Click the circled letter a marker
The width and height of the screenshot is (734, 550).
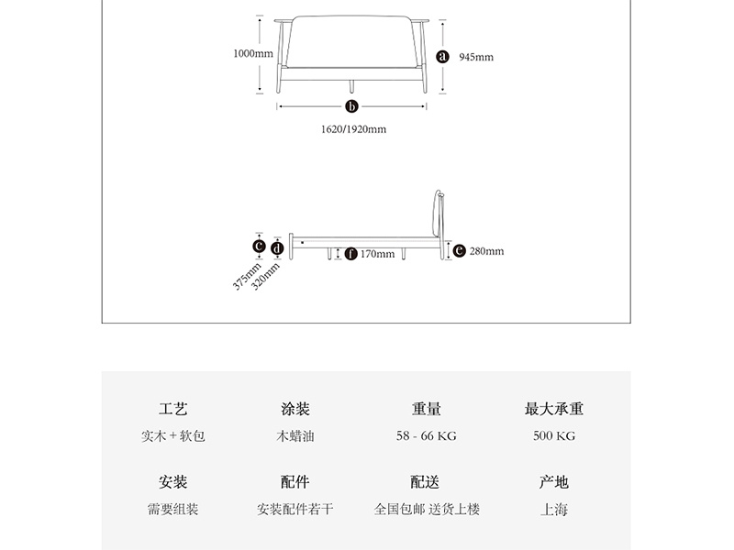point(442,57)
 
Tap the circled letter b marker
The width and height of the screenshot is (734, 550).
point(351,106)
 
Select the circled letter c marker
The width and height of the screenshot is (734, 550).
point(259,246)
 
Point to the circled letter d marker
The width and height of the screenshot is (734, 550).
point(277,248)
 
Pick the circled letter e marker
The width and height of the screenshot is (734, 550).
point(460,250)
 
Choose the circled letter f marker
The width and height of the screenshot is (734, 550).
point(350,254)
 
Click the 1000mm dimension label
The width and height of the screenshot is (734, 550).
point(253,53)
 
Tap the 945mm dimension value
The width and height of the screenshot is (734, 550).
point(476,57)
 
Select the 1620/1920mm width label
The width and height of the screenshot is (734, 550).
point(353,129)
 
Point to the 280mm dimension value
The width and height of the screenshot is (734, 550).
point(487,251)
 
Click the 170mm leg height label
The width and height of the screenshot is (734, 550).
point(377,254)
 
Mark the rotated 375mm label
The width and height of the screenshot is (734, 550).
point(247,276)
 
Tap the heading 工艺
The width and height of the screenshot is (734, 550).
point(173,409)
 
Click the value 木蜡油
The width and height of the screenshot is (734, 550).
point(295,436)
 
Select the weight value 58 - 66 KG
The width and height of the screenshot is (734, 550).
point(426,436)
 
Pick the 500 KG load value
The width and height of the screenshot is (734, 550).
point(554,436)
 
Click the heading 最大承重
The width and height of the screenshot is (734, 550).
point(554,409)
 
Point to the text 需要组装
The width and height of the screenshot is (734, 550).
point(173,509)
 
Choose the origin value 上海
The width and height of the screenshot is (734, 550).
point(554,509)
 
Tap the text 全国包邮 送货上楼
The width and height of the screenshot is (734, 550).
point(427,509)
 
